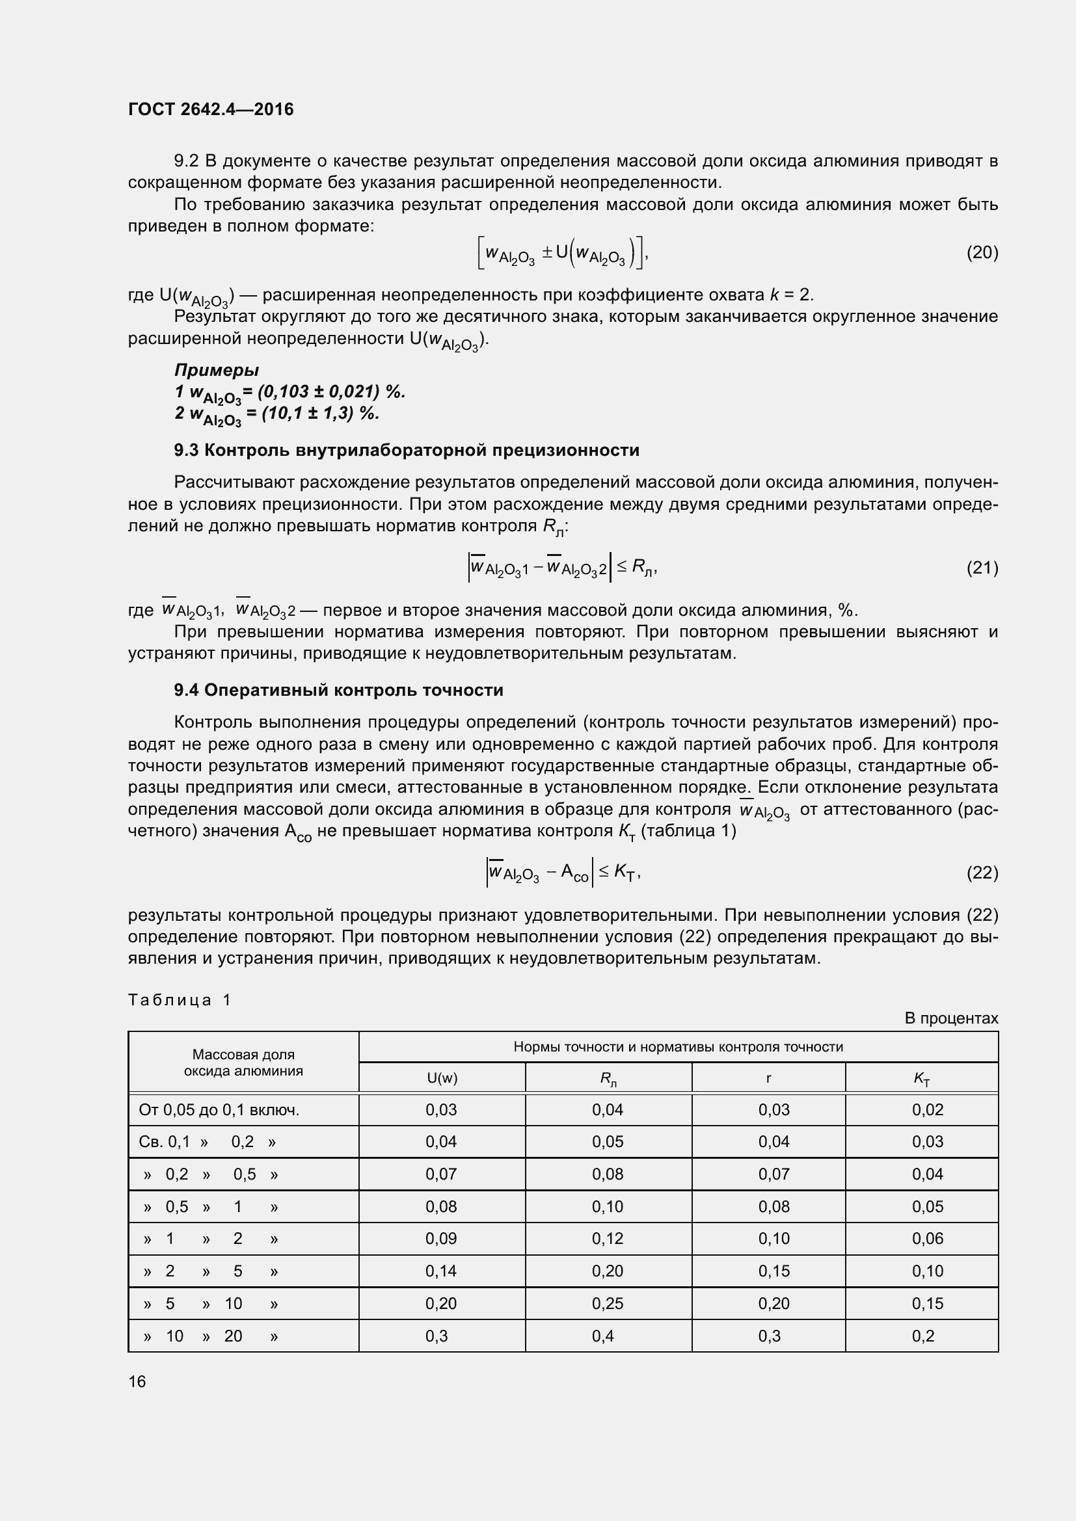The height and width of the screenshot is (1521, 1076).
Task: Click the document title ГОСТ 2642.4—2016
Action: point(211,109)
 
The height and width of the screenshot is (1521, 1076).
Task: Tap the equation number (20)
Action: point(982,252)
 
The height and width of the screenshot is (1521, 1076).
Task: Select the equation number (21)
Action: point(982,568)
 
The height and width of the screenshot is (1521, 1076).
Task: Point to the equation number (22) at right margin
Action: point(982,873)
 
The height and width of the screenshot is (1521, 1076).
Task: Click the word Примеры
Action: point(216,369)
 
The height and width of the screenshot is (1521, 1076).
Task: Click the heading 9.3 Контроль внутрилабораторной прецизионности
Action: point(406,451)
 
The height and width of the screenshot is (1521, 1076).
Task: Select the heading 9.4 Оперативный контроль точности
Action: point(338,691)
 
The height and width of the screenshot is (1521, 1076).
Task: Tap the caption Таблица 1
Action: point(179,999)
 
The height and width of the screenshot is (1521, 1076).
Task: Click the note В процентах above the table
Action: point(951,1018)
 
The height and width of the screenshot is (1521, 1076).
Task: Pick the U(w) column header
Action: point(442,1078)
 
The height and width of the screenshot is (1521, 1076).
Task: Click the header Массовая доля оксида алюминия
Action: point(243,1063)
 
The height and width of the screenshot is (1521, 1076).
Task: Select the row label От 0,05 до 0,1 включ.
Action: point(219,1110)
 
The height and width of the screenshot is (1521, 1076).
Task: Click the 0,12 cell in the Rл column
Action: point(608,1239)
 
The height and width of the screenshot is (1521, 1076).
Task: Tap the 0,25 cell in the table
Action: point(608,1304)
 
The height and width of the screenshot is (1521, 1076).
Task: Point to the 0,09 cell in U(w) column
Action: point(441,1239)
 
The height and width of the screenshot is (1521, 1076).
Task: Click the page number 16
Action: point(137,1381)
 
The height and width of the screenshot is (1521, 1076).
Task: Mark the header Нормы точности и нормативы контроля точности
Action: point(678,1047)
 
